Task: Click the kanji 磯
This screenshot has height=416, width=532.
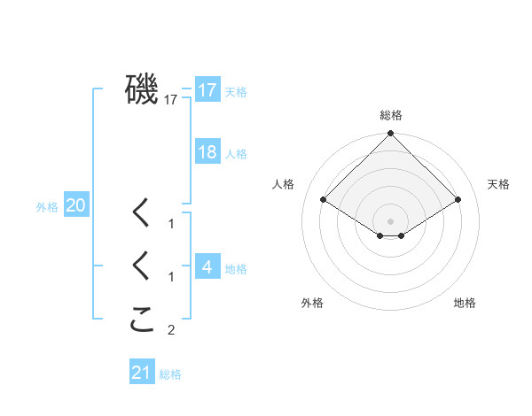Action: pyautogui.click(x=142, y=89)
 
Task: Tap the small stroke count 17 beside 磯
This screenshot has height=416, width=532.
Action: pyautogui.click(x=171, y=100)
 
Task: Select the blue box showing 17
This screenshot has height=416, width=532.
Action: pyautogui.click(x=207, y=89)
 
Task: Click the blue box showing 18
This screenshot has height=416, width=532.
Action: pyautogui.click(x=207, y=151)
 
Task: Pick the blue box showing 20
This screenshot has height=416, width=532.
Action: pyautogui.click(x=75, y=205)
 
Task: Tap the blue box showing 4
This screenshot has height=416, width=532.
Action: pyautogui.click(x=207, y=266)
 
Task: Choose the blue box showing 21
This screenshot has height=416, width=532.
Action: pyautogui.click(x=142, y=373)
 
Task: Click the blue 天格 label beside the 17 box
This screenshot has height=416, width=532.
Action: pyautogui.click(x=236, y=91)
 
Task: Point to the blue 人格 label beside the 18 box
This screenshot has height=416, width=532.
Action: pyautogui.click(x=236, y=154)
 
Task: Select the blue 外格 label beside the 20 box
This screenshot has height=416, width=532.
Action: pyautogui.click(x=47, y=207)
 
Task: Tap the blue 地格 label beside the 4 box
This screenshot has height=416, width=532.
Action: pyautogui.click(x=236, y=269)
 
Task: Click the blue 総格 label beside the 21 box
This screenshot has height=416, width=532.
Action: pyautogui.click(x=170, y=375)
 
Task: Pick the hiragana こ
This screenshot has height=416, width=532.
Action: pyautogui.click(x=142, y=320)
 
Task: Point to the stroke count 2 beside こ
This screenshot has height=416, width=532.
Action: pyautogui.click(x=171, y=331)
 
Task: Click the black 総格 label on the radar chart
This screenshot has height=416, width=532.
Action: pyautogui.click(x=391, y=115)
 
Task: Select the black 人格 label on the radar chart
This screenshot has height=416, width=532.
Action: pyautogui.click(x=284, y=184)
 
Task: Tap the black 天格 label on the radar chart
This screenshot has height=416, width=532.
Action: pyautogui.click(x=498, y=184)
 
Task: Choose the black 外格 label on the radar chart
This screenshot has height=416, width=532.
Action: pyautogui.click(x=312, y=303)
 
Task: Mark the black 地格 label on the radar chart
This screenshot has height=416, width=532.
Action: pyautogui.click(x=465, y=303)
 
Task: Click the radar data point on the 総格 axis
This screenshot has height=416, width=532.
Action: pyautogui.click(x=391, y=134)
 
